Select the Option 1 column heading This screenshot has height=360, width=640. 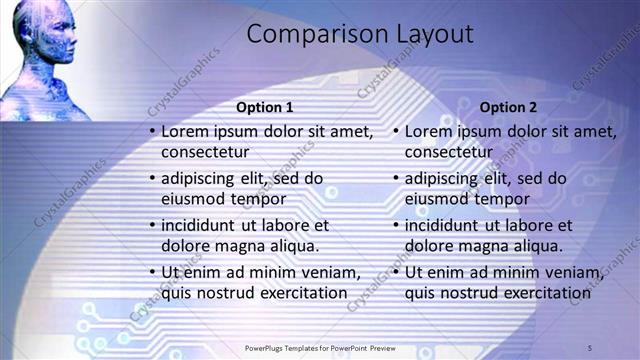tap(264, 107)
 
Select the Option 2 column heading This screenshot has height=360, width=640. tap(508, 107)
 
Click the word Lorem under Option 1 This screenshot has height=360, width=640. tap(186, 131)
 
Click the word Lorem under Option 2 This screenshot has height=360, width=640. tap(430, 131)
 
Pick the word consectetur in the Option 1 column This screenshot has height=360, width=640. tap(205, 152)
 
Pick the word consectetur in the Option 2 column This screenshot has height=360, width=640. tap(449, 152)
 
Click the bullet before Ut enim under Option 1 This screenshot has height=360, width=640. tap(151, 272)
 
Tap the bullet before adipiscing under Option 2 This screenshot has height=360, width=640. tap(395, 178)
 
